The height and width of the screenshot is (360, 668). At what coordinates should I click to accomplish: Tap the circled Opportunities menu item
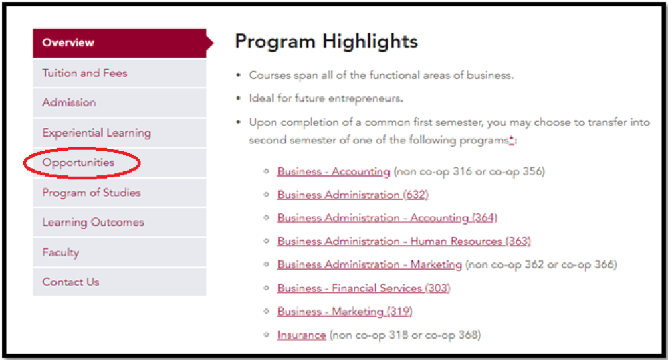(78, 163)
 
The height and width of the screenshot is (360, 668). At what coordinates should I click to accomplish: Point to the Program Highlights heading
(326, 41)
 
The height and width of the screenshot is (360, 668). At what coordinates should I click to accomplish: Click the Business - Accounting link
(334, 171)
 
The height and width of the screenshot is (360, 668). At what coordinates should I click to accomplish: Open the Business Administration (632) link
(353, 195)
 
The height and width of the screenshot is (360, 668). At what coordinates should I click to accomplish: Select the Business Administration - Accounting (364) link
(387, 218)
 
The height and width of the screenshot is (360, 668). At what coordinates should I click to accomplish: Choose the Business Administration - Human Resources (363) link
(404, 241)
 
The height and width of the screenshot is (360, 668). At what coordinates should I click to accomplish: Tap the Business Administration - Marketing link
(369, 264)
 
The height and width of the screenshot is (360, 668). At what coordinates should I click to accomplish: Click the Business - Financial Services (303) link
(364, 288)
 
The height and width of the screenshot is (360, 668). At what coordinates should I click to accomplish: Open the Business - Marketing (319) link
(344, 311)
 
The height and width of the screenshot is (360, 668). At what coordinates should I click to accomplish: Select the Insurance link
(302, 335)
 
